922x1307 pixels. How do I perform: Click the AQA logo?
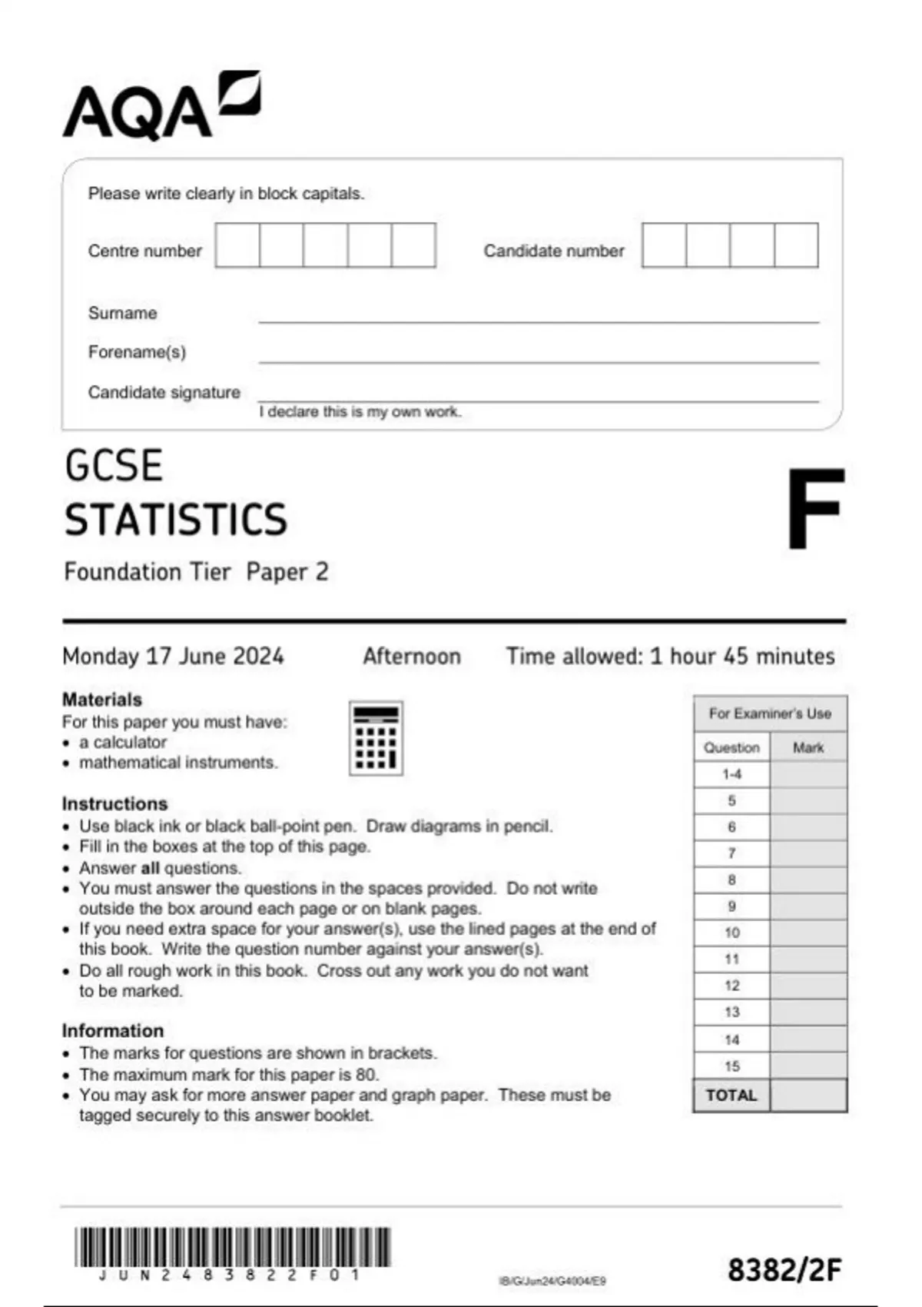(161, 106)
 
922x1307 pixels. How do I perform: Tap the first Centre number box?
(237, 245)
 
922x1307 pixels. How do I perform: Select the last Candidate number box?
(796, 245)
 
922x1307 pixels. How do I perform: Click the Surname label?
(122, 313)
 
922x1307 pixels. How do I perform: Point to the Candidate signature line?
(538, 400)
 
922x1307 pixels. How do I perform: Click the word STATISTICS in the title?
(176, 519)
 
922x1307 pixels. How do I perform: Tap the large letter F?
(814, 509)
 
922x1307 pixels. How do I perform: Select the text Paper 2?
(287, 572)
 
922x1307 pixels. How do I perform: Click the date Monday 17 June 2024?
(173, 656)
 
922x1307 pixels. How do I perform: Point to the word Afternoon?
(412, 656)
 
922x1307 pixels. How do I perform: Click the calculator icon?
(376, 738)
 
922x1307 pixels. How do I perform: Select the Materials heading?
(102, 700)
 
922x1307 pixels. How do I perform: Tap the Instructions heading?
(114, 803)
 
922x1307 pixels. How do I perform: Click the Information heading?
(113, 1030)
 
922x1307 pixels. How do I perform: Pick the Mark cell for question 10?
(808, 933)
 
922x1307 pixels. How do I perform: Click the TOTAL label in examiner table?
(731, 1095)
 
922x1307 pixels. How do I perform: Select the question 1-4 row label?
(731, 774)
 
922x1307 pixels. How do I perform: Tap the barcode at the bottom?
(233, 1247)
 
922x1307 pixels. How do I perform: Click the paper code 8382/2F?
(784, 1270)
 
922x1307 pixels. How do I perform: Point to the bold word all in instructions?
(150, 868)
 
